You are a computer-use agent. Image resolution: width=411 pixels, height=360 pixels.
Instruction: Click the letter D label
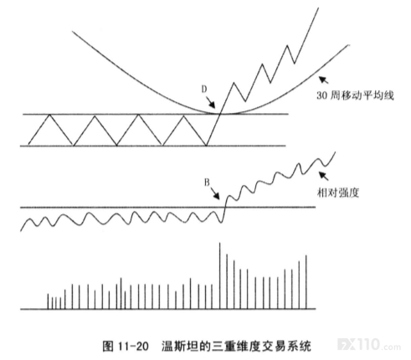pos(204,89)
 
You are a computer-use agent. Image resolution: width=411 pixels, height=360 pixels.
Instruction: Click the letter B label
pos(207,183)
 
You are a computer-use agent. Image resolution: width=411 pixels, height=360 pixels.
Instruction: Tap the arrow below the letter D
pos(211,102)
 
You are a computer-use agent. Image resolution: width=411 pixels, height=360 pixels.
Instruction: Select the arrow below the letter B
pos(215,193)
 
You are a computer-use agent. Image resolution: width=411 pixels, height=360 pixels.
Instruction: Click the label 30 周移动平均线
pos(355,95)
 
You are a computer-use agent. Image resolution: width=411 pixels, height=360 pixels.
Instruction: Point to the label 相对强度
pos(338,193)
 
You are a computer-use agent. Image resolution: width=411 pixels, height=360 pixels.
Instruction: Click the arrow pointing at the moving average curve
pos(324,80)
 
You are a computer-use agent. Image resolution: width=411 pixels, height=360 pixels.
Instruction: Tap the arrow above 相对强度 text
pos(324,176)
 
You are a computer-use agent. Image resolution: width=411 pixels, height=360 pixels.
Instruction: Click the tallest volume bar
pos(219,275)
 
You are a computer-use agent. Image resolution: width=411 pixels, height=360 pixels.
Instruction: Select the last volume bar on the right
pos(306,282)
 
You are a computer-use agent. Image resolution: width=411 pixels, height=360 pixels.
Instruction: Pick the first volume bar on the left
pos(48,301)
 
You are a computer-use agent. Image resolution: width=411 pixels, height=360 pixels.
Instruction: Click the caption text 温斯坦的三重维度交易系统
pos(236,346)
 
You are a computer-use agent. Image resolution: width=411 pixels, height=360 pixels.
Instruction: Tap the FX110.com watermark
pos(369,344)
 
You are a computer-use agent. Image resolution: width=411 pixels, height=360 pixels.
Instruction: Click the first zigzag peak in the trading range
pos(49,115)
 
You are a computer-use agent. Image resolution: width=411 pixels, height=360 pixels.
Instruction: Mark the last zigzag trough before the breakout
pos(206,146)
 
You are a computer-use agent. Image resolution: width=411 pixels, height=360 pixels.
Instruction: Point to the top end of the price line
pos(318,8)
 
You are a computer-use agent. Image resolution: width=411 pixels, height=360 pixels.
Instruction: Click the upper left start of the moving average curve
pos(73,31)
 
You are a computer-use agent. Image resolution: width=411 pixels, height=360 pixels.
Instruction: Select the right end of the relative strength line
pos(335,152)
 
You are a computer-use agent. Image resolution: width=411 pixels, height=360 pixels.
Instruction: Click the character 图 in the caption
pos(108,346)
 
